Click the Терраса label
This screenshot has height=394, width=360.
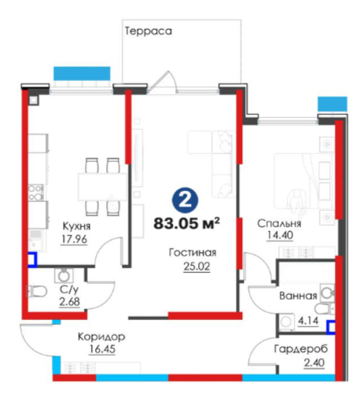click(149, 31)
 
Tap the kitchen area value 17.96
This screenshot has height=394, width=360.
click(74, 239)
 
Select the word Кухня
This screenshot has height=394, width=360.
click(76, 226)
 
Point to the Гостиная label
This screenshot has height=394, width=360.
click(193, 252)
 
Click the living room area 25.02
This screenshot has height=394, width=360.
click(197, 267)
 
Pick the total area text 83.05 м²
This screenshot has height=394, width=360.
click(186, 223)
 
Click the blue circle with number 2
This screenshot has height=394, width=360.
click(186, 201)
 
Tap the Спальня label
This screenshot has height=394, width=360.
click(279, 223)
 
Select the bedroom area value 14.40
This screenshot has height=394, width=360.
click(280, 235)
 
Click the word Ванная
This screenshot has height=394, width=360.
click(298, 296)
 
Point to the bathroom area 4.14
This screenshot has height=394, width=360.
click(308, 320)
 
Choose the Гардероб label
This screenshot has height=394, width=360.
click(301, 349)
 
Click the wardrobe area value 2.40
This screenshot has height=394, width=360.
click(314, 363)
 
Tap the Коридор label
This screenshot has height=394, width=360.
click(101, 337)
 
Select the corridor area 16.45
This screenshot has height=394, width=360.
click(102, 349)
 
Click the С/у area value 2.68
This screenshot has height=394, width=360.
click(69, 301)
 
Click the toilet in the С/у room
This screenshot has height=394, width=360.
click(36, 291)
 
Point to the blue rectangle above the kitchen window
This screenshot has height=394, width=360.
click(82, 73)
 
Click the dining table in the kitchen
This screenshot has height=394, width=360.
click(102, 186)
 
